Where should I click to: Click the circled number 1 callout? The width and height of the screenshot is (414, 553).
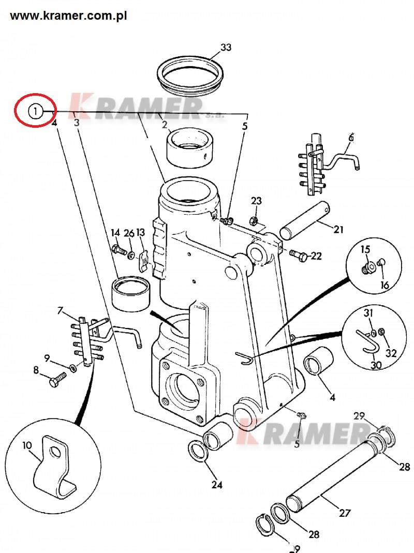35,111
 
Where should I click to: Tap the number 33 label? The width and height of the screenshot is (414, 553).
226,48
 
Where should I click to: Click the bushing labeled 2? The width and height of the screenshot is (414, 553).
191,147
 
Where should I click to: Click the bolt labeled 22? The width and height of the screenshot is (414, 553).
299,255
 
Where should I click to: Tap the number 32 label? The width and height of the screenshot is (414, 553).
391,354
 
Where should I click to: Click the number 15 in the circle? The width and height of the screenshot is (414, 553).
365,250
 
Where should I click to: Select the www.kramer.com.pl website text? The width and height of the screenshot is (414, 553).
68,16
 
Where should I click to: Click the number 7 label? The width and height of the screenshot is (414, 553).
61,310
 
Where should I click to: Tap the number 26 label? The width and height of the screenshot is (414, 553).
129,233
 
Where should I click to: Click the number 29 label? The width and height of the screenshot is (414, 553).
359,416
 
